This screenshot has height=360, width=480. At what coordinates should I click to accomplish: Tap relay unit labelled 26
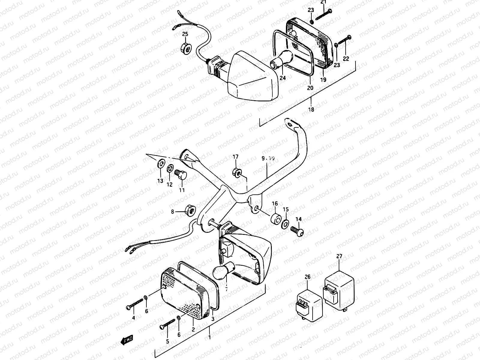[x=308, y=305]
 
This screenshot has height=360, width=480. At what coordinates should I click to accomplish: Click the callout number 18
[x=311, y=109]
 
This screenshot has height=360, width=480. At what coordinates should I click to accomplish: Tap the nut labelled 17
[x=236, y=172]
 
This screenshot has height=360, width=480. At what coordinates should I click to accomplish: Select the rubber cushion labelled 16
[x=275, y=219]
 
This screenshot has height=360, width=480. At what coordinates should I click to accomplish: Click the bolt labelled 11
[x=181, y=174]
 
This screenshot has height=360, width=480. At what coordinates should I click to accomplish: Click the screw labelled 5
[x=167, y=325]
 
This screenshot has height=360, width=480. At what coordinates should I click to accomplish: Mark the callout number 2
[x=193, y=329]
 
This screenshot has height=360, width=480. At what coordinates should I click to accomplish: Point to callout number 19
[x=323, y=80]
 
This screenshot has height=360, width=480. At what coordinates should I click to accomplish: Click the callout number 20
[x=310, y=88]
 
